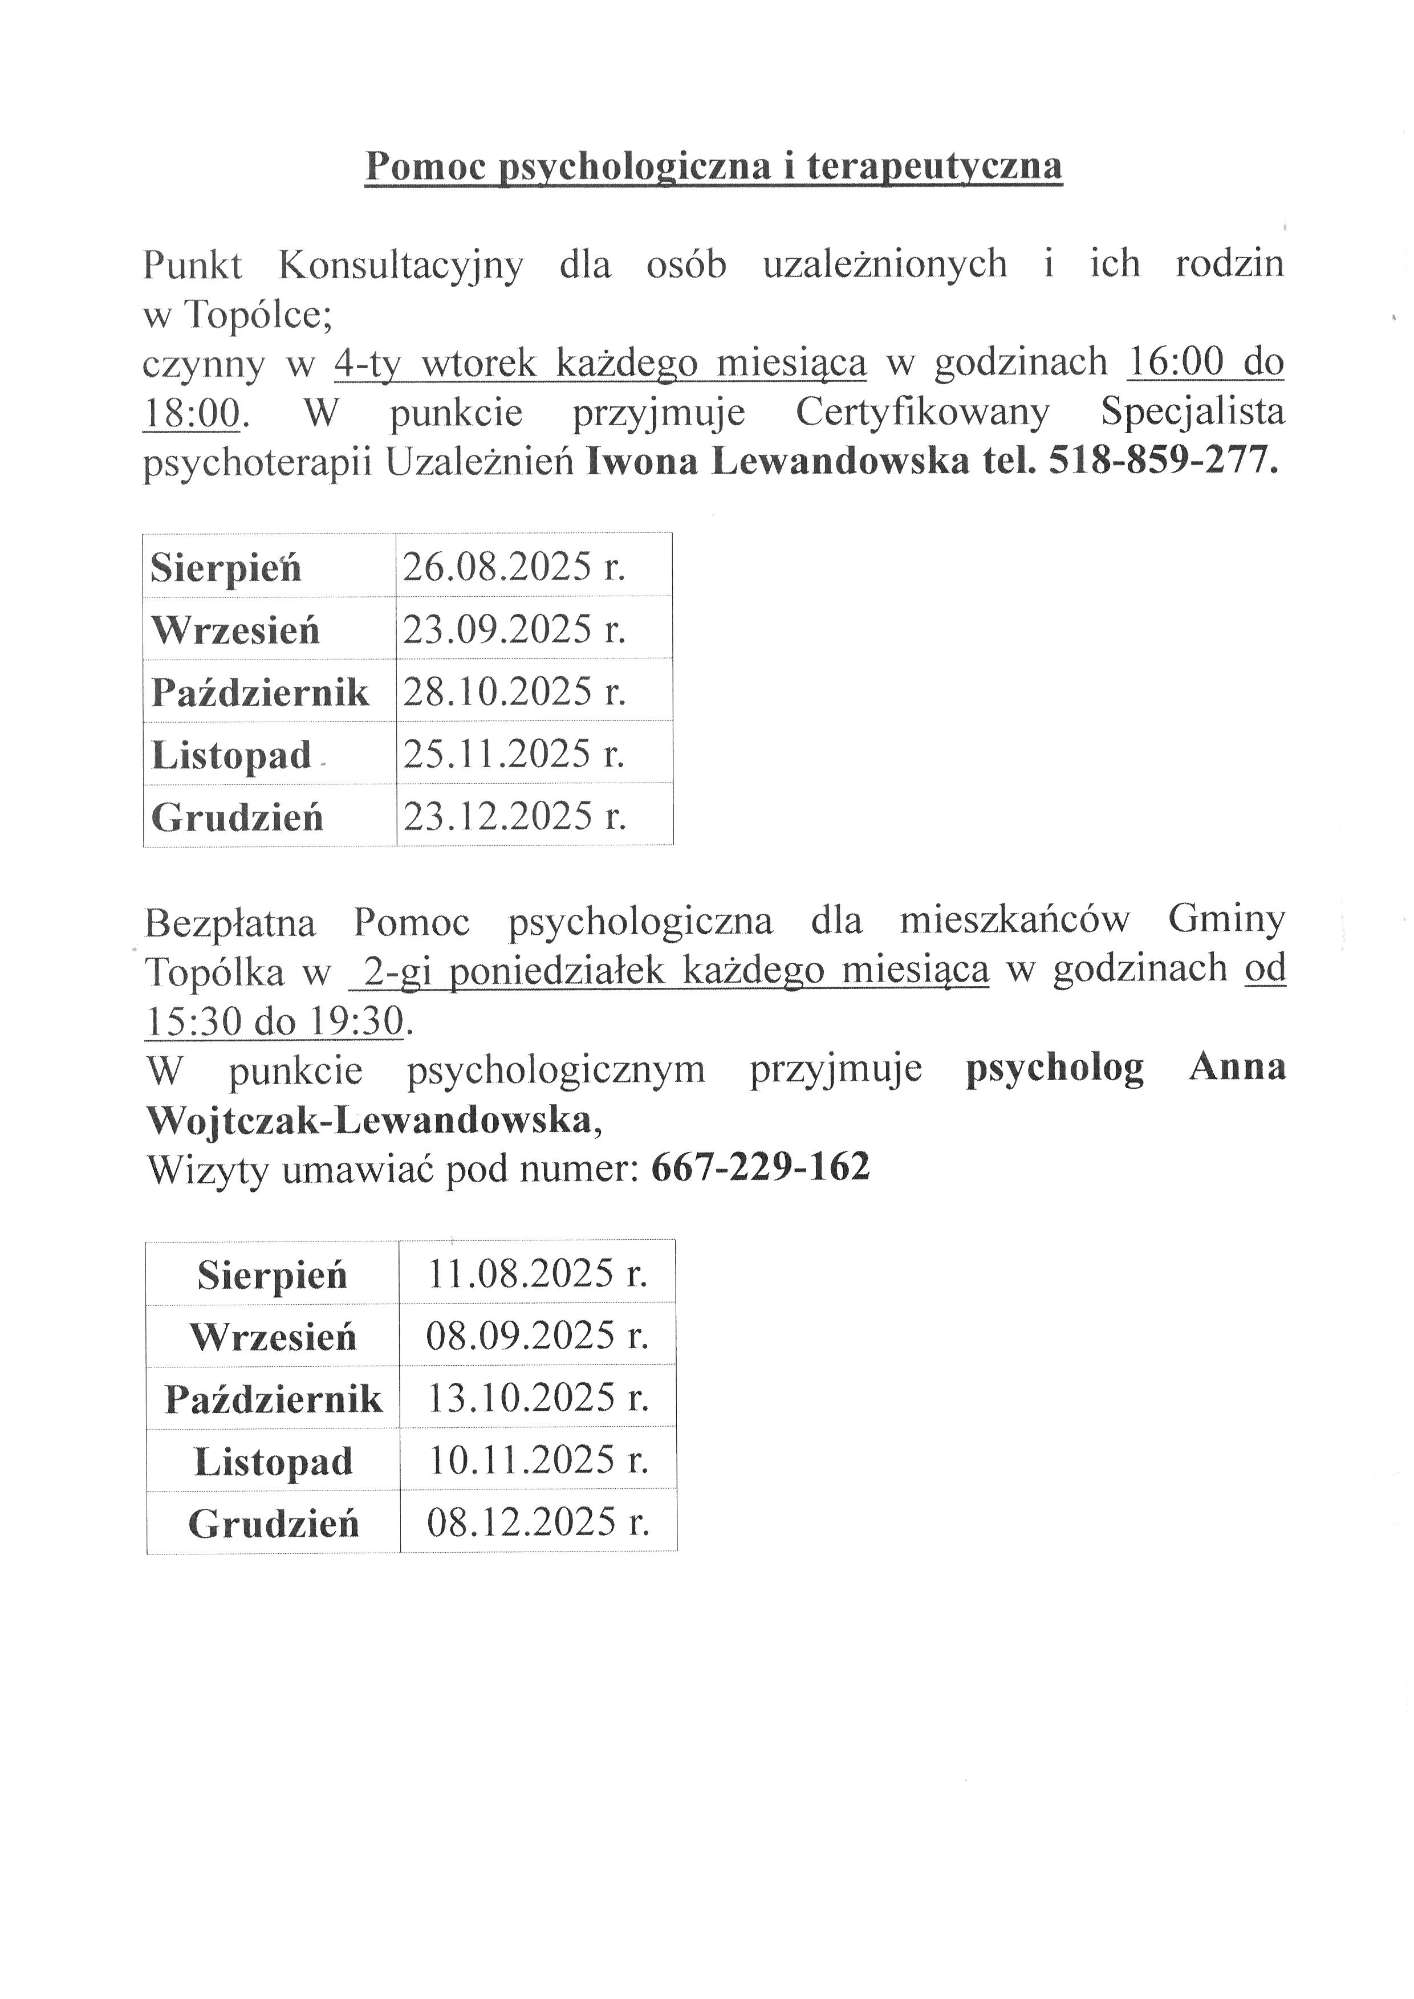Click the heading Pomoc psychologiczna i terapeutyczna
[713, 165]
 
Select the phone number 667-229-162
[760, 1167]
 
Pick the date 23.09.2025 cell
[514, 629]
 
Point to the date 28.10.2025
[514, 691]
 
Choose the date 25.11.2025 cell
[514, 753]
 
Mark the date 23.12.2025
[514, 816]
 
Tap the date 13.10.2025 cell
[537, 1398]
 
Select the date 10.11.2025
[537, 1460]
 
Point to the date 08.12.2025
[537, 1522]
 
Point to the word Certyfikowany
[922, 412]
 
